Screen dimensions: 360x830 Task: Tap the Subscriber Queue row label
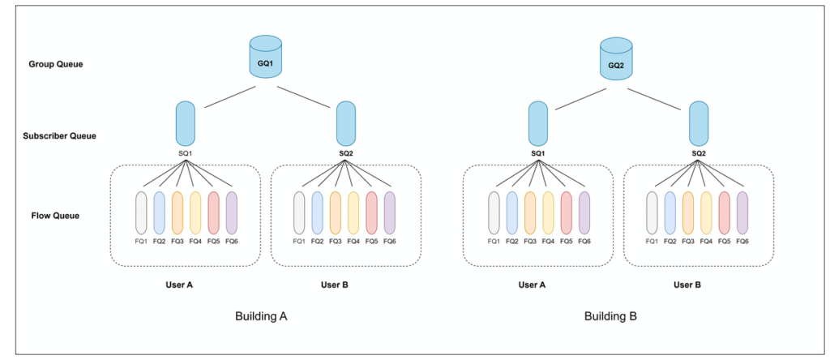tap(60, 135)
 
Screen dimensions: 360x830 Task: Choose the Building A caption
tap(261, 316)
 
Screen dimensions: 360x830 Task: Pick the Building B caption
tap(610, 316)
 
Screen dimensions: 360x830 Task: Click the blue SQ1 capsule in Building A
tap(185, 122)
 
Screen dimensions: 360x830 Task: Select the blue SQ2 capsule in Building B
tap(699, 122)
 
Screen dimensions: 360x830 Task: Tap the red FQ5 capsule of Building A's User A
tap(214, 212)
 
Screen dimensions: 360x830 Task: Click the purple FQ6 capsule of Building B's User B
tap(741, 212)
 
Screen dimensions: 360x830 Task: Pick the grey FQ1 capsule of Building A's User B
tap(300, 212)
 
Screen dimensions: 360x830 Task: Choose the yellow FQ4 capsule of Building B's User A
tap(548, 212)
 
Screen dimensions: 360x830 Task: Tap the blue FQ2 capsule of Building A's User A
tap(160, 212)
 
